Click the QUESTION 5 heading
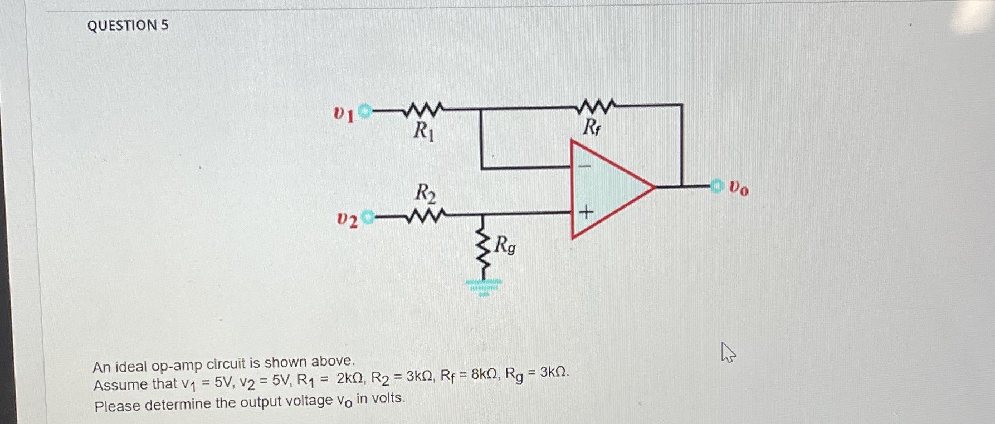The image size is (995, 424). point(128,26)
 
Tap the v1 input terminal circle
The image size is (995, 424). point(365,111)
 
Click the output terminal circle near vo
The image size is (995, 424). point(716,186)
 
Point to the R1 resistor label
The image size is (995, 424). point(423,132)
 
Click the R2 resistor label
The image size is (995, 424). point(425,193)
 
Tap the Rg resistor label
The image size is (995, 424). point(505,245)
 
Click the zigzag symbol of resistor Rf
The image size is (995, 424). point(597,105)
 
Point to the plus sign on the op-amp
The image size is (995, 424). point(586,212)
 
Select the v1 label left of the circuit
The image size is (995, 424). point(343,114)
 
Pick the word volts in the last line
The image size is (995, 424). point(387,398)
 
